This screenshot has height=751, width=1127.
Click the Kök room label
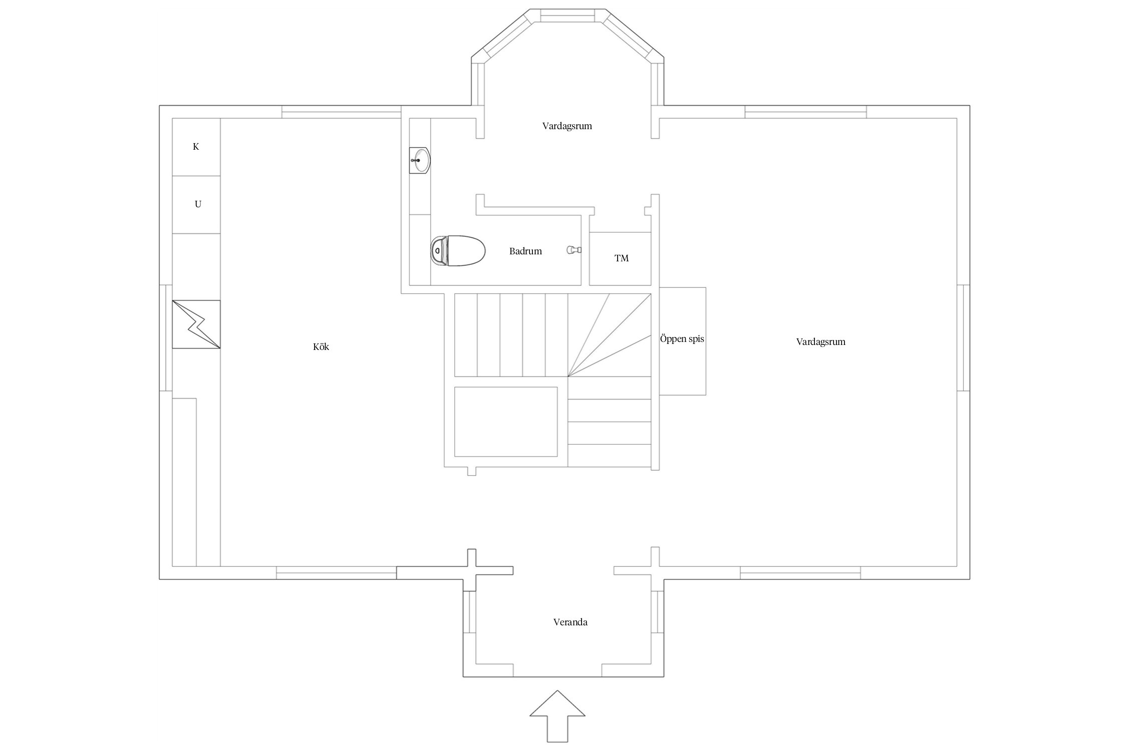321,346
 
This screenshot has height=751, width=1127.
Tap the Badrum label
525,251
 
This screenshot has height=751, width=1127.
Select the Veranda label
570,622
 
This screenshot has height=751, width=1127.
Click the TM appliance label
622,258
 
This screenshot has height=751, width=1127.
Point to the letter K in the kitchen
196,146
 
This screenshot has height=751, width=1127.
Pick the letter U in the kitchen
198,204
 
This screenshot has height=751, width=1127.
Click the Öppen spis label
682,338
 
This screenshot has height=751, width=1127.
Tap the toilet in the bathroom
458,251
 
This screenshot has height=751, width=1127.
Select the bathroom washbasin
420,160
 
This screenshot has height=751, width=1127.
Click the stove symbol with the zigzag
196,324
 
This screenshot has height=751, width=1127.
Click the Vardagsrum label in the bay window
567,126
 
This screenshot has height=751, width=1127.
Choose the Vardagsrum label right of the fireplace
820,341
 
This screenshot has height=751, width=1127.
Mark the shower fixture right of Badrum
574,249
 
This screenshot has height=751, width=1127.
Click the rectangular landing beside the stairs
506,422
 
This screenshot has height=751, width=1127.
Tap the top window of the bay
568,16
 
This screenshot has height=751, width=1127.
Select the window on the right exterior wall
963,337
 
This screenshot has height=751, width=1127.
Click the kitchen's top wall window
342,112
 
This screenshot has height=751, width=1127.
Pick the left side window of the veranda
469,618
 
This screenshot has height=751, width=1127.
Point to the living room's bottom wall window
800,573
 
